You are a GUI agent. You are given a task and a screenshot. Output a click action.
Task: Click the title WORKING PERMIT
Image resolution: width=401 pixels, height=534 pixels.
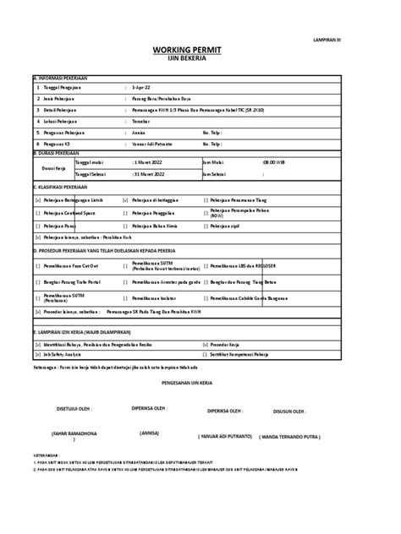[x=200, y=51]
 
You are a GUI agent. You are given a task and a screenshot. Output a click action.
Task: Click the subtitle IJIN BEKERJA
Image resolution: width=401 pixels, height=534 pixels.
[x=200, y=61]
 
